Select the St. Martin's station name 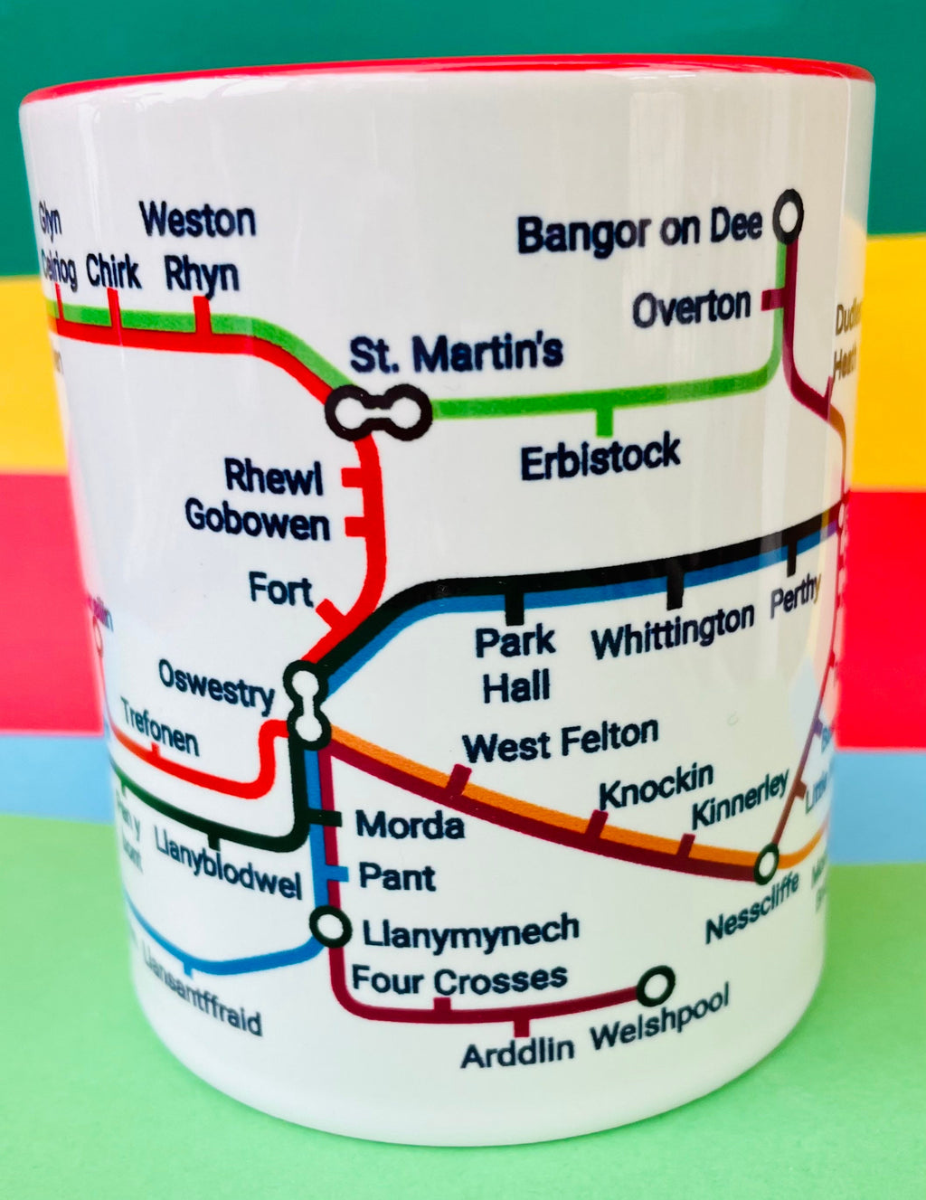(x=456, y=353)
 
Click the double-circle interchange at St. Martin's (x=379, y=411)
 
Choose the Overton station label (x=691, y=309)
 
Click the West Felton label (x=560, y=742)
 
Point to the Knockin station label (x=656, y=786)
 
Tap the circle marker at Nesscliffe (x=767, y=860)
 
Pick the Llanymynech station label (x=469, y=932)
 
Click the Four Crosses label (x=459, y=978)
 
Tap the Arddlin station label (x=517, y=1052)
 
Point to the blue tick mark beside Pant (x=336, y=874)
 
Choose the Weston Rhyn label (x=199, y=247)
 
